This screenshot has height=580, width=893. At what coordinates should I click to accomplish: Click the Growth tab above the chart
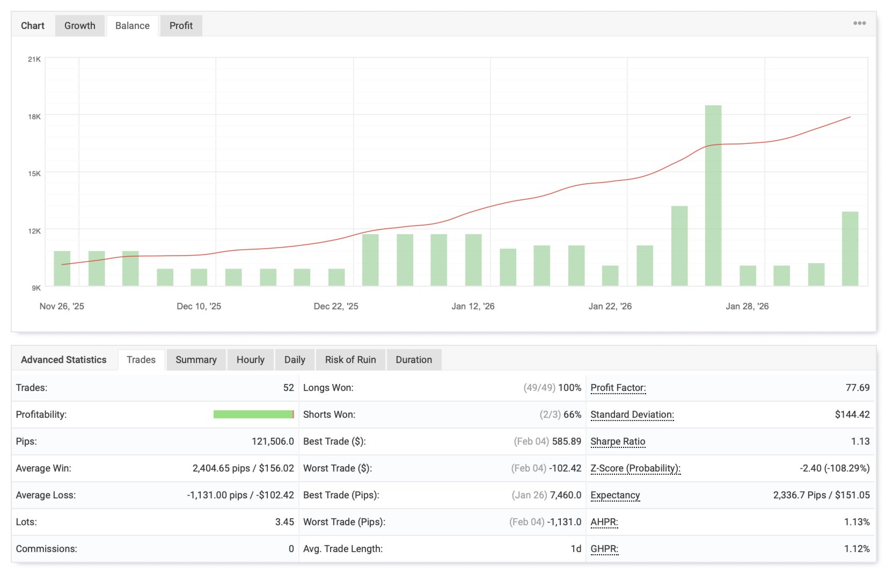[79, 26]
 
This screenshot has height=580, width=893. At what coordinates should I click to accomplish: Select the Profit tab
[181, 26]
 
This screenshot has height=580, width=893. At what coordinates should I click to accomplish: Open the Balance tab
[132, 26]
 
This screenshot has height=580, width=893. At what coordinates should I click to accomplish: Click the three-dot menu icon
[859, 23]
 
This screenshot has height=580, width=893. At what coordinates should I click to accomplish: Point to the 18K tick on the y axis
[34, 117]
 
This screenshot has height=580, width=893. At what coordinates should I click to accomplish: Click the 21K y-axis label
[34, 59]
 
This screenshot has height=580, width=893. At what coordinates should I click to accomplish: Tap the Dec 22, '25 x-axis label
[336, 306]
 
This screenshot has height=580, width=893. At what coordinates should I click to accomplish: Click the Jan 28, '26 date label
[747, 306]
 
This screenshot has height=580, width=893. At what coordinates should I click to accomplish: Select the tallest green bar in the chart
[713, 195]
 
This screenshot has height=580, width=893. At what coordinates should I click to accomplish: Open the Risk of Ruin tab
[350, 360]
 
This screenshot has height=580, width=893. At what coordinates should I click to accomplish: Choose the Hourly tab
[251, 360]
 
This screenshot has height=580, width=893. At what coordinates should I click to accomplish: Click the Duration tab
[414, 360]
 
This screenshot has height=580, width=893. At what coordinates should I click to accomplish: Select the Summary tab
[196, 360]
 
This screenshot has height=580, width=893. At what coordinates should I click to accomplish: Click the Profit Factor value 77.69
[857, 388]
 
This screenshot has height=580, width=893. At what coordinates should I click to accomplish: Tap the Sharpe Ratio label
[618, 441]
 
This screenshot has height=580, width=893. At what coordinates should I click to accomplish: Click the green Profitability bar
[253, 414]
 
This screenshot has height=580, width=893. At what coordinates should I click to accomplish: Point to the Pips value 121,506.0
[273, 441]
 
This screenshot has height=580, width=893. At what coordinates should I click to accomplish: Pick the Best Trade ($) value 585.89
[566, 441]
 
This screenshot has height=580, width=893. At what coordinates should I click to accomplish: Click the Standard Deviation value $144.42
[852, 415]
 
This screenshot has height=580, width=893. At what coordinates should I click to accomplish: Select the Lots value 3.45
[284, 522]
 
